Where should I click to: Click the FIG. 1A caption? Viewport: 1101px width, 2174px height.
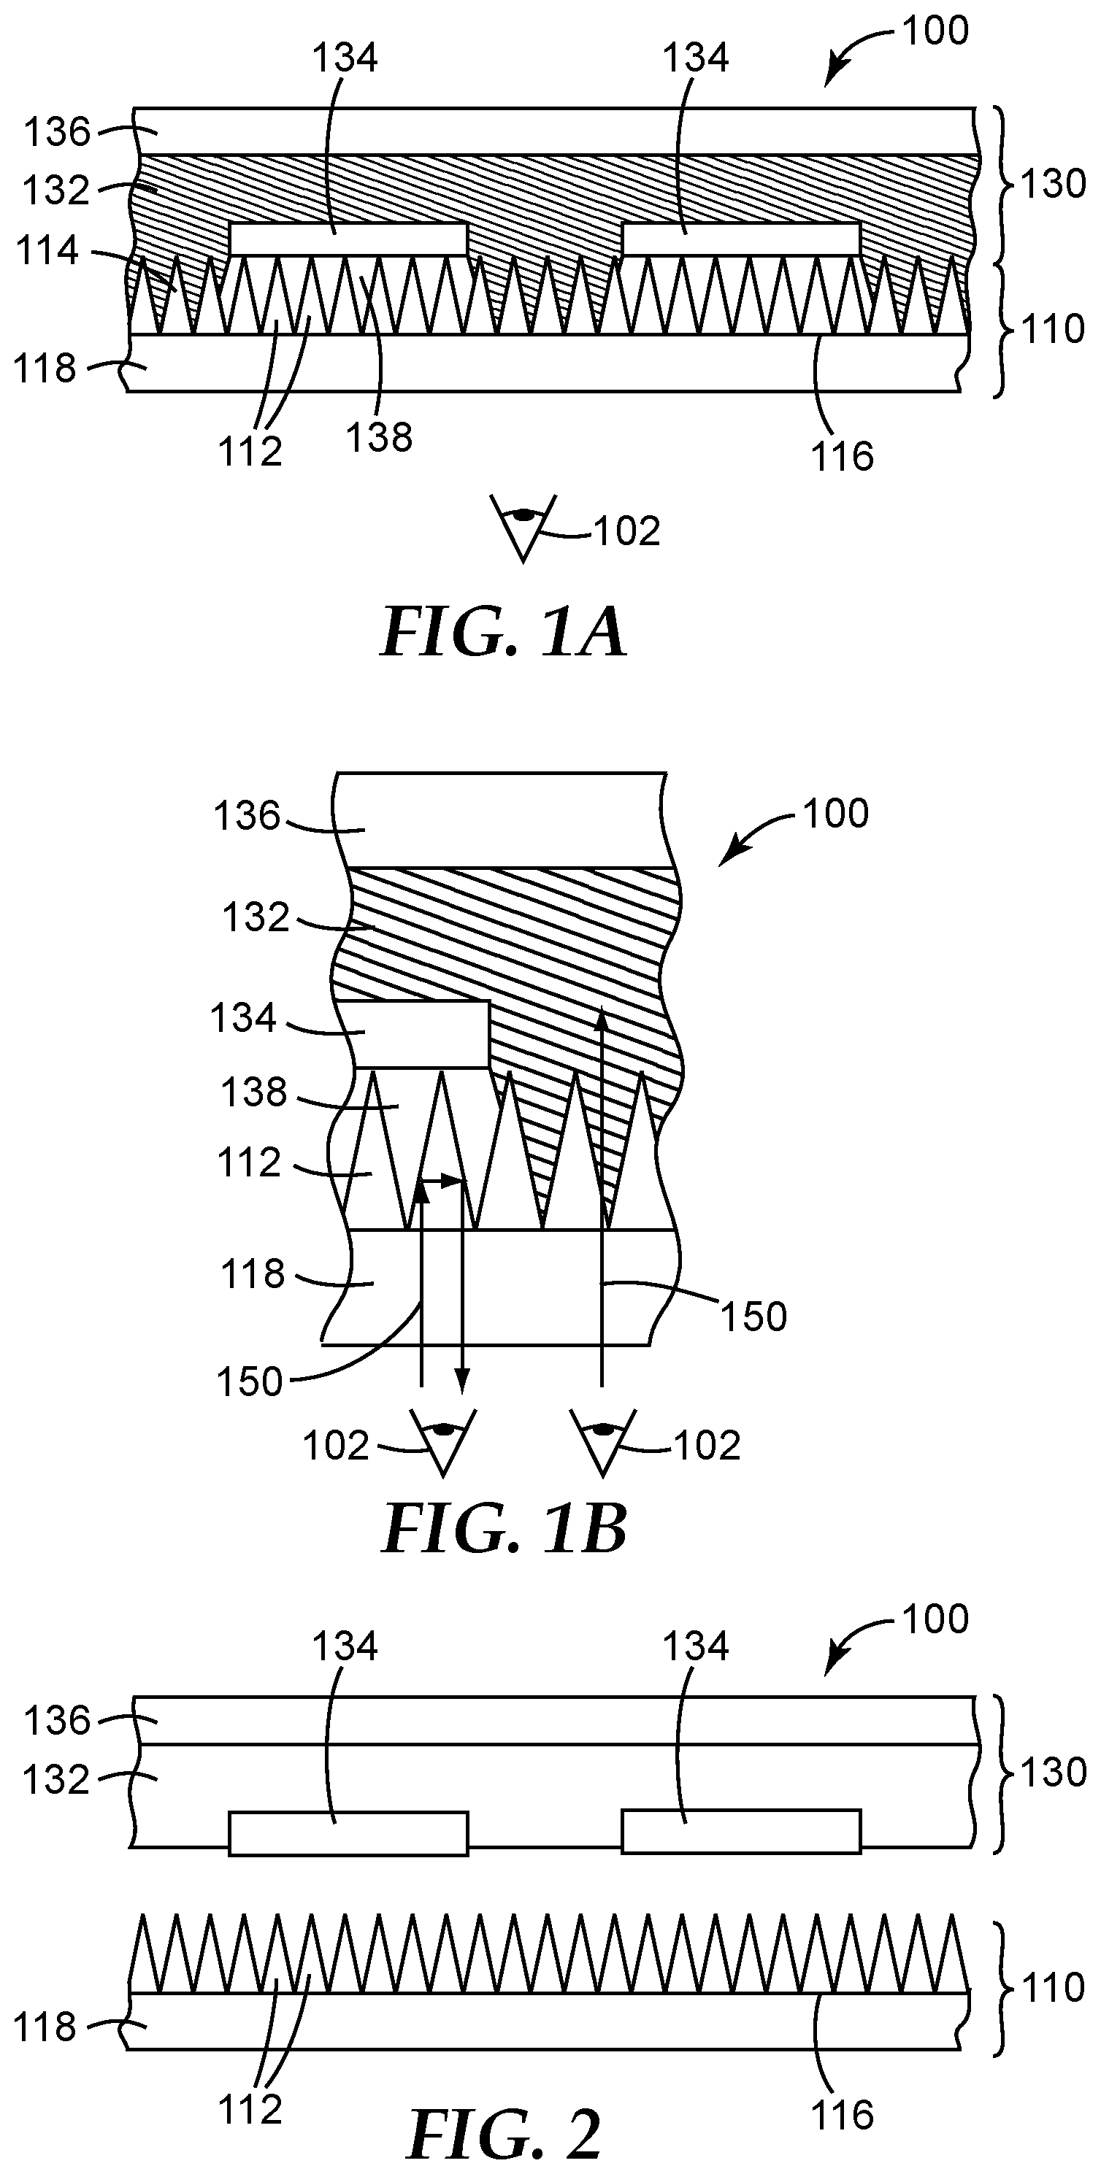click(503, 633)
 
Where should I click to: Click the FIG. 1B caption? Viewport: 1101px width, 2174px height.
click(504, 1530)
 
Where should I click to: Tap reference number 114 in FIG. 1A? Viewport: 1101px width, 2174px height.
click(48, 250)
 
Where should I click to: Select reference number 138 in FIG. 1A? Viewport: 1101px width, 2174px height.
click(380, 437)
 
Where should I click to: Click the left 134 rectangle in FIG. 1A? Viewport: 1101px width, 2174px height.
click(348, 239)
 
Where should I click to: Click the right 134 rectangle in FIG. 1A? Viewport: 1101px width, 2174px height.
click(741, 239)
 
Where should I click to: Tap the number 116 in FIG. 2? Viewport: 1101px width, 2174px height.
click(843, 2115)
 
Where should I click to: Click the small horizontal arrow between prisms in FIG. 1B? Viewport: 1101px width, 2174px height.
click(442, 1183)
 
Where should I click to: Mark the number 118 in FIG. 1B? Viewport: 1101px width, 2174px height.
click(253, 1274)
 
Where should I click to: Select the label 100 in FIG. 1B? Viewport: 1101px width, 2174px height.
click(835, 814)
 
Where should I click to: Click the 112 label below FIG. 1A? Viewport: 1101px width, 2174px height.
click(250, 452)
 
